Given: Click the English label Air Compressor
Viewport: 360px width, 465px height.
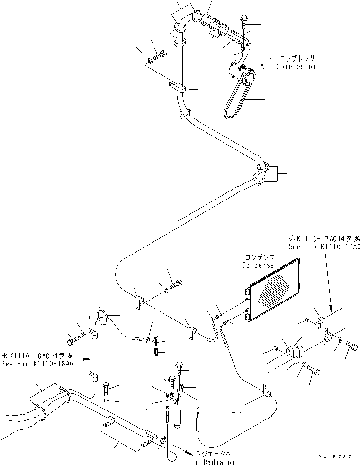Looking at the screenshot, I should (288, 67).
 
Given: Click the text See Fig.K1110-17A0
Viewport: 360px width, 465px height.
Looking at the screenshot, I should (324, 247).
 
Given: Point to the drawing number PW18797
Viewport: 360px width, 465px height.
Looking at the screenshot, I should (335, 456).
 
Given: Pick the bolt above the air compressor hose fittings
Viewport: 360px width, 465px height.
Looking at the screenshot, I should (243, 21).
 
